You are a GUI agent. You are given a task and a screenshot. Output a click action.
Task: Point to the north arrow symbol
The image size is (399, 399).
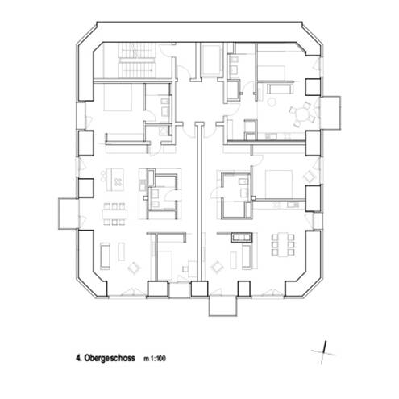[322, 348]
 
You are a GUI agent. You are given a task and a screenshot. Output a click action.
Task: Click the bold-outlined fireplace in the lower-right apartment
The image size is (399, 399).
[241, 237]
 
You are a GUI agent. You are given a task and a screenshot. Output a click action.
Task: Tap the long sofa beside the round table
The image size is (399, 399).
[283, 87]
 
